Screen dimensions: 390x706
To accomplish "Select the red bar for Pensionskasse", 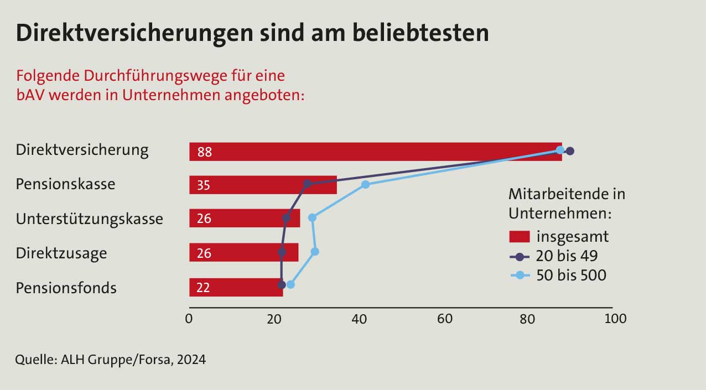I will (263, 185).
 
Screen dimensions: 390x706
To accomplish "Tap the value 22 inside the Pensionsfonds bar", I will (203, 288).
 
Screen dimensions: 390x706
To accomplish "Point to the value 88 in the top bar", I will (204, 152).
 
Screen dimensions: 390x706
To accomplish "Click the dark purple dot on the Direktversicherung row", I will (570, 151).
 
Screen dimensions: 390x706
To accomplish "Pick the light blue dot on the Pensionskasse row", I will (365, 185).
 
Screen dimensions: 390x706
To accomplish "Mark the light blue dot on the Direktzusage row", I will (315, 252).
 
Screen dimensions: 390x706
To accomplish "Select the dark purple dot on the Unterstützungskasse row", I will (286, 218).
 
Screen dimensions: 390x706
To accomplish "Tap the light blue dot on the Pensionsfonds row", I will (290, 284).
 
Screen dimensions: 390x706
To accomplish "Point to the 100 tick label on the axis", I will (616, 319).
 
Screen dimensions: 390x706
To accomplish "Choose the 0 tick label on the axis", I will (189, 319).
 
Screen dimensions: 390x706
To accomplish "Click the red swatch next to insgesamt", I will (520, 237).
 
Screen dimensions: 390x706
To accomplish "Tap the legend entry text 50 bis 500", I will (572, 275).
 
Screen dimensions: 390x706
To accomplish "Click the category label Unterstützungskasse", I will (90, 219).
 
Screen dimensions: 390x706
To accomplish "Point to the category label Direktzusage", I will (61, 253).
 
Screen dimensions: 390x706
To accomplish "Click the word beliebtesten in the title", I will (412, 33).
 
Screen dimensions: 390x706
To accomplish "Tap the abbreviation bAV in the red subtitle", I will (30, 94).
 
